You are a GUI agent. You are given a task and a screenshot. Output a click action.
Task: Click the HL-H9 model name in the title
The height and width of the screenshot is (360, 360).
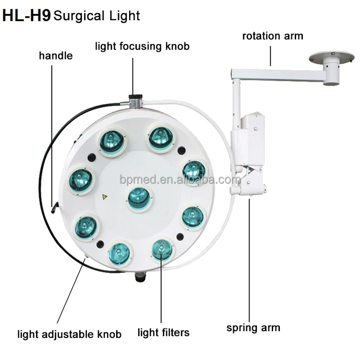(x=26, y=15)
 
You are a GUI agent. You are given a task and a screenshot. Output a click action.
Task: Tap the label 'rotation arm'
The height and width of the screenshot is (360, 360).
(x=272, y=36)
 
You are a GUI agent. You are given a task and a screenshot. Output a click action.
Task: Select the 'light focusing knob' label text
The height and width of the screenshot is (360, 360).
(x=142, y=47)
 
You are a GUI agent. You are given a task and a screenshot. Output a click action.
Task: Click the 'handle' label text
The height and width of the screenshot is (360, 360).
(x=56, y=56)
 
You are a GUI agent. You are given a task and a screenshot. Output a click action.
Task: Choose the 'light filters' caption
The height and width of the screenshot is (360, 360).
(x=163, y=332)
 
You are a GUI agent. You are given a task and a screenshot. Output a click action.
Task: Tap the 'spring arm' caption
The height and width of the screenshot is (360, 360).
(x=253, y=328)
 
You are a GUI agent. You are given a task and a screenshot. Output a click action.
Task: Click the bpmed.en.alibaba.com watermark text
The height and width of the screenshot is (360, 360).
(x=180, y=180)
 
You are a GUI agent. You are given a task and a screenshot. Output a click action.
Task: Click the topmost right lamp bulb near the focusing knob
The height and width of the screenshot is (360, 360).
(x=161, y=137)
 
